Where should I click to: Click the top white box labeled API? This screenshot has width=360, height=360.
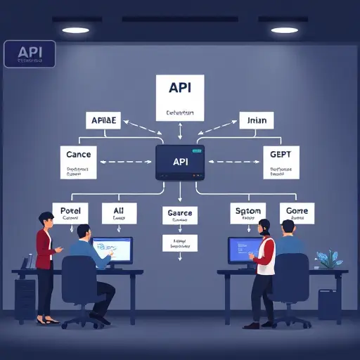coord(179,98)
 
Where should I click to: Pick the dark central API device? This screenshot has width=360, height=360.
coord(180,162)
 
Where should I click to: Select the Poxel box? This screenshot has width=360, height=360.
coord(72,214)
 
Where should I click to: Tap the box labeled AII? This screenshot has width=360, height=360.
coord(120,214)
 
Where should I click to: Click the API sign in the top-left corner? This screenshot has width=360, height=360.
coord(29,54)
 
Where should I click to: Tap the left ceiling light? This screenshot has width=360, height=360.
coord(75,30)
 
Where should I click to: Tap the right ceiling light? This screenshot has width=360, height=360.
coord(285,30)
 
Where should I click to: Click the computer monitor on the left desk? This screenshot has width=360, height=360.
coord(112,250)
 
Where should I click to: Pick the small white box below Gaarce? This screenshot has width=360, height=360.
coord(180,243)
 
